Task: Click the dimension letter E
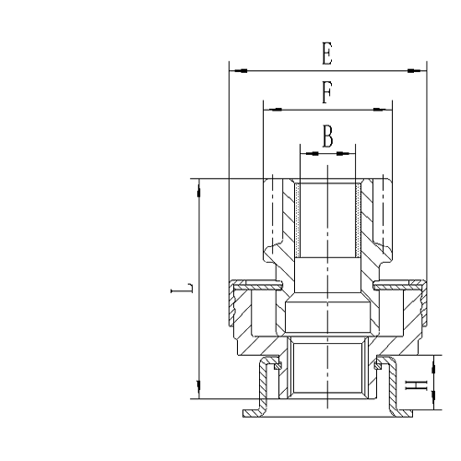(327, 54)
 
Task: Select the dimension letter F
(327, 93)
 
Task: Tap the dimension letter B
(328, 136)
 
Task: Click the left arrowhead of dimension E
(233, 69)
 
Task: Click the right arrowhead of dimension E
(421, 69)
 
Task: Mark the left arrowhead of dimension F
(268, 109)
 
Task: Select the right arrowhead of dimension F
(386, 109)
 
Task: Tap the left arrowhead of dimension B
(306, 149)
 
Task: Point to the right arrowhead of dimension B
(349, 149)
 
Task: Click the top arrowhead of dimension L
(198, 183)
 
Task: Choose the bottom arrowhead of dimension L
(198, 394)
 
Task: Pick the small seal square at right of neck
(377, 365)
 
